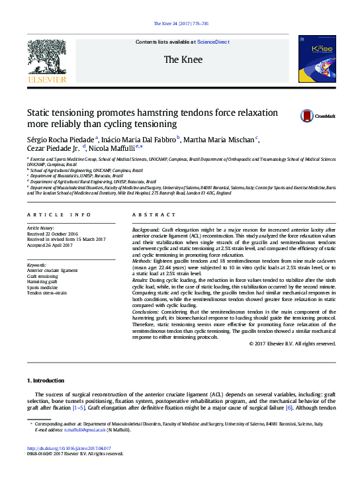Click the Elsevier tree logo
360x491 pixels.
point(47,57)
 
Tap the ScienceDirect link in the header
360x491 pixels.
point(214,42)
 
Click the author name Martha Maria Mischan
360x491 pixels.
point(219,139)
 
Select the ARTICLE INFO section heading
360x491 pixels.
point(59,215)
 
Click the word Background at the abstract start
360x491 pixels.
point(147,228)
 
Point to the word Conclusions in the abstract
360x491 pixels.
point(147,311)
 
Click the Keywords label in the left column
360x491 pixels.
point(36,265)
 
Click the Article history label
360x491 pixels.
point(41,228)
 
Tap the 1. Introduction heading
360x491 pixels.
point(45,380)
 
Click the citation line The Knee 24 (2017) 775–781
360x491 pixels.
point(181,23)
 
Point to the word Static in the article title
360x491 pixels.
point(39,112)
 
